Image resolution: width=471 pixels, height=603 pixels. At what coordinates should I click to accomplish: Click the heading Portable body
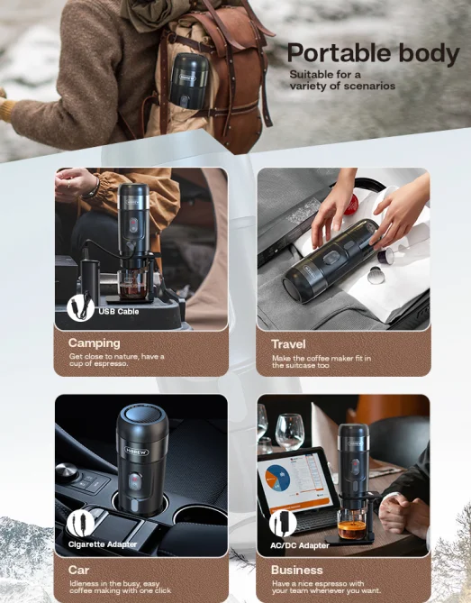click(373, 53)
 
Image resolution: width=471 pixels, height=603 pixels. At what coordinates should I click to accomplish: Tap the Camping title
click(95, 343)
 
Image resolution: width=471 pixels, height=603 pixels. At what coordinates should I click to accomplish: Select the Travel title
click(288, 343)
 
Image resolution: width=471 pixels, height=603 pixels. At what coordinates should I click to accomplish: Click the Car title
click(78, 570)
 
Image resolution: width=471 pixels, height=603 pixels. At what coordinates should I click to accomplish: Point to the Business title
click(296, 570)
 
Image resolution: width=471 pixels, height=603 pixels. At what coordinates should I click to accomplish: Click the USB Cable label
click(118, 311)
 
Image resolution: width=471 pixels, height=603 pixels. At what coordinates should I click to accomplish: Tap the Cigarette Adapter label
click(102, 544)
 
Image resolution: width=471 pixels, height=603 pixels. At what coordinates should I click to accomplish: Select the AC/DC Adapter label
click(300, 545)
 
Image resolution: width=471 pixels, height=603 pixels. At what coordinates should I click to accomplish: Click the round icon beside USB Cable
click(80, 306)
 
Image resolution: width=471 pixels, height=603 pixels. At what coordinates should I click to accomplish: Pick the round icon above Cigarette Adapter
click(80, 524)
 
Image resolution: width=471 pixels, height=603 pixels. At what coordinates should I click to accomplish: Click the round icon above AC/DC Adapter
click(283, 524)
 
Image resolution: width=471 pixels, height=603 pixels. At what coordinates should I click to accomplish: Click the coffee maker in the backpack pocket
click(188, 81)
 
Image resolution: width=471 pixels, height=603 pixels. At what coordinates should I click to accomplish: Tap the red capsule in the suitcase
click(351, 205)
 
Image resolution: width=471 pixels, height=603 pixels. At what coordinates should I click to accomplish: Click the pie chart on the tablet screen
click(277, 477)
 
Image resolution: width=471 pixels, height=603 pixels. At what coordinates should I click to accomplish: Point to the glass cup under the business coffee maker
click(351, 525)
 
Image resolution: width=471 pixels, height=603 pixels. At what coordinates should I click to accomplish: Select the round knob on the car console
click(67, 471)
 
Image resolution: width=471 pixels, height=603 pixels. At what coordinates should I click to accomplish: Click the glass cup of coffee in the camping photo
click(132, 285)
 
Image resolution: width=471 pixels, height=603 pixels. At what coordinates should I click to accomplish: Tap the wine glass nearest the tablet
click(290, 431)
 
